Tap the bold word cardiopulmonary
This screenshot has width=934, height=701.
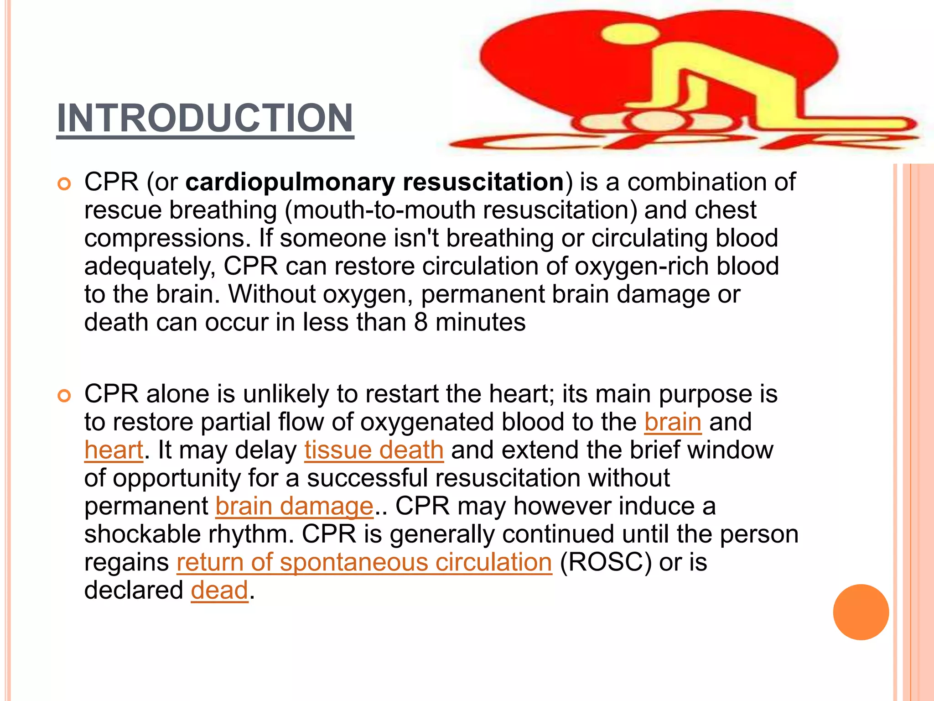[x=290, y=182]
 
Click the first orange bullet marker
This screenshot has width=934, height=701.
[x=64, y=184]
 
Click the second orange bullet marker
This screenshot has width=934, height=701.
[x=64, y=396]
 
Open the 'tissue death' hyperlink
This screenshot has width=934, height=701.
[x=374, y=450]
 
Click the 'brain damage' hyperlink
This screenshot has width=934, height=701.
[x=295, y=507]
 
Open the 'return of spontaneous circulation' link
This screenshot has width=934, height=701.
[x=364, y=562]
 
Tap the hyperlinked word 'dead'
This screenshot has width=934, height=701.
[x=219, y=591]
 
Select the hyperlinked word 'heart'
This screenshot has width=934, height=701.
[x=114, y=450]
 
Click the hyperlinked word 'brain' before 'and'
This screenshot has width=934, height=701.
[x=673, y=422]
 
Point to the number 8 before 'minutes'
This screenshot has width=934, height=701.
[x=421, y=323]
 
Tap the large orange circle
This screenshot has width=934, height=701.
[x=861, y=612]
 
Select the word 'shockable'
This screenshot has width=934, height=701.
[x=142, y=534]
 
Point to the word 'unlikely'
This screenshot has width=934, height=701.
[x=285, y=394]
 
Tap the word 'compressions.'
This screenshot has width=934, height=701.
[x=168, y=239]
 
